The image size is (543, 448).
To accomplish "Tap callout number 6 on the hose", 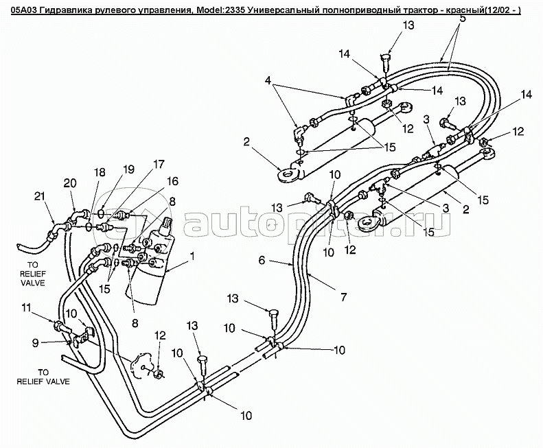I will pyautogui.click(x=262, y=261).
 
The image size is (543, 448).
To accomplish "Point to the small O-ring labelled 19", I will pyautogui.click(x=102, y=213).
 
